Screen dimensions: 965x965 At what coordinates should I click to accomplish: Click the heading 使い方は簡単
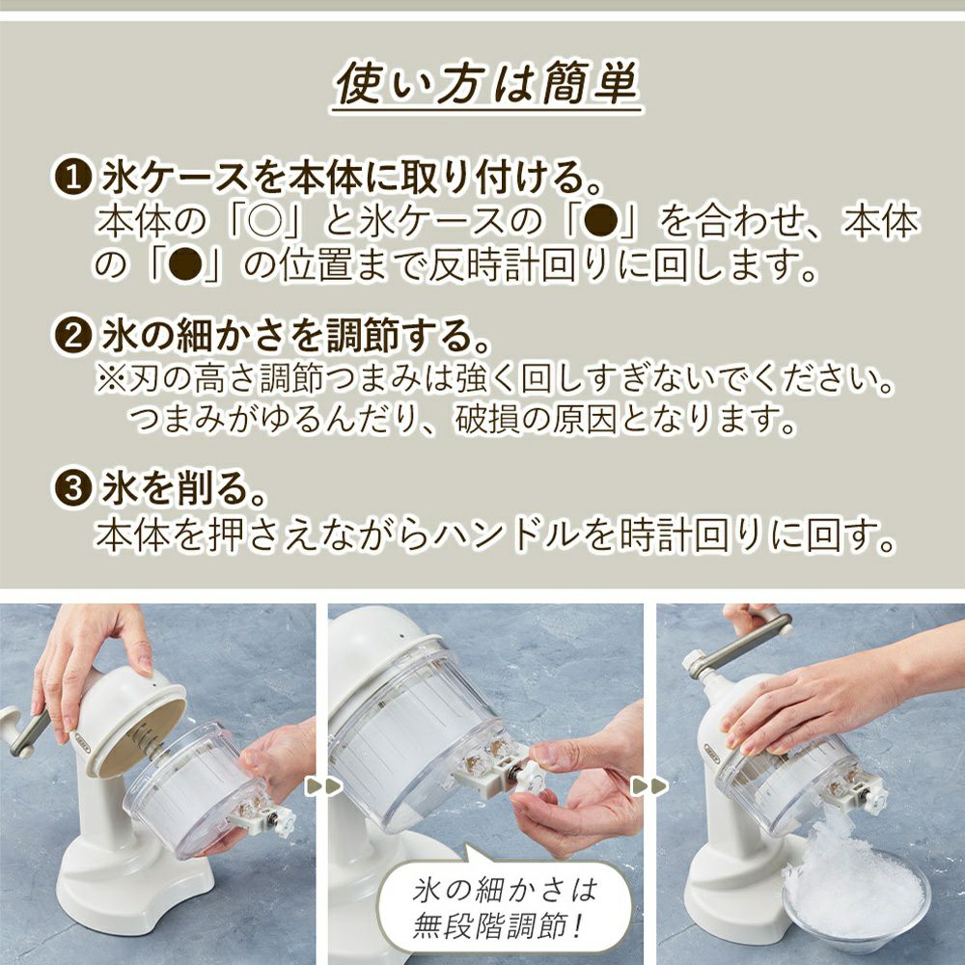[486, 84]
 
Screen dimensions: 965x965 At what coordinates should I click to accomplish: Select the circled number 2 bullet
[72, 335]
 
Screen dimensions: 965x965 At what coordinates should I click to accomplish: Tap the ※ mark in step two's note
[111, 380]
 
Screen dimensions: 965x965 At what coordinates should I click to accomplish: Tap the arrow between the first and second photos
[323, 786]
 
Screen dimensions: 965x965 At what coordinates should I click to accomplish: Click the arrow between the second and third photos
[650, 786]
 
